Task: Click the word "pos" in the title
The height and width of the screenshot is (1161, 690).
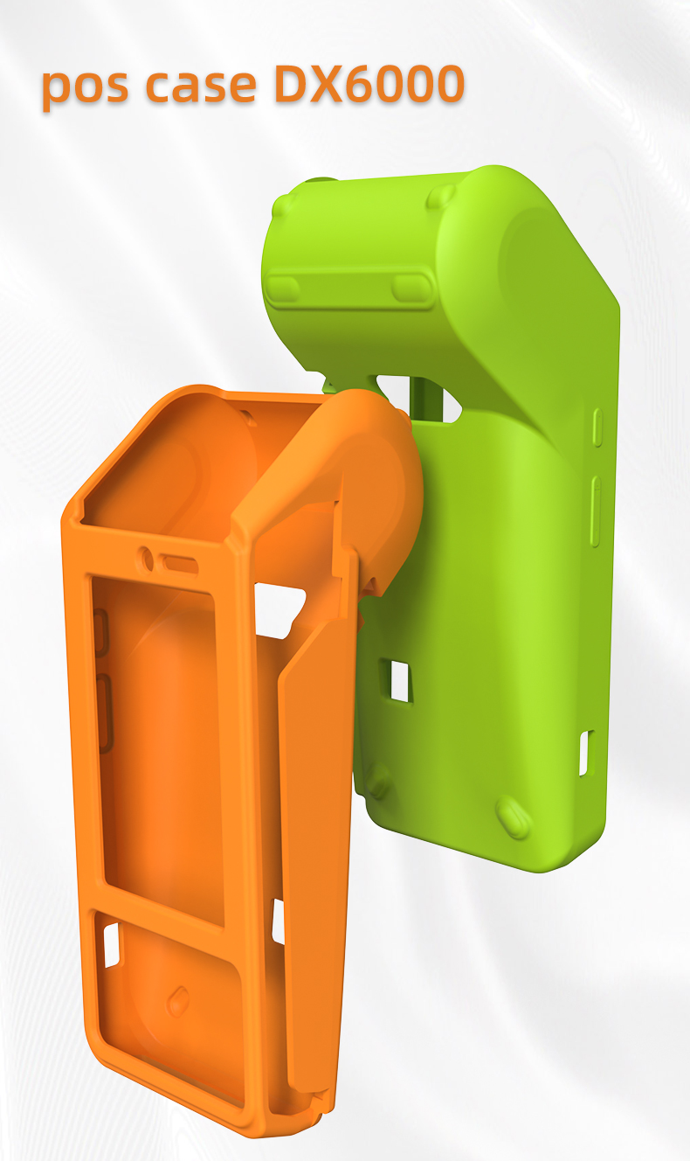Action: [x=85, y=86]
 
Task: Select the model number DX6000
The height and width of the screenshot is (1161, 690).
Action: [x=369, y=83]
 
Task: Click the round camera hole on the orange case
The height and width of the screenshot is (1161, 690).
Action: [x=146, y=559]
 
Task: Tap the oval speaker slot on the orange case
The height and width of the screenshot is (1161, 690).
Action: [x=178, y=565]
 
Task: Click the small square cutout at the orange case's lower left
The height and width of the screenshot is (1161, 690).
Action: [x=111, y=944]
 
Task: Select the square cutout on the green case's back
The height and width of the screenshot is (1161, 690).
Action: [x=401, y=681]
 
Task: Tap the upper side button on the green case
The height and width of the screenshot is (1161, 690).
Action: [x=597, y=428]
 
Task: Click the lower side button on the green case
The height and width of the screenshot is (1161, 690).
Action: [x=596, y=511]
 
